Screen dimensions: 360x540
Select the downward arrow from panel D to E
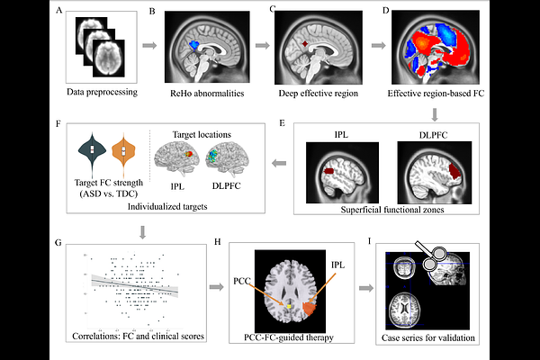[434, 114]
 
